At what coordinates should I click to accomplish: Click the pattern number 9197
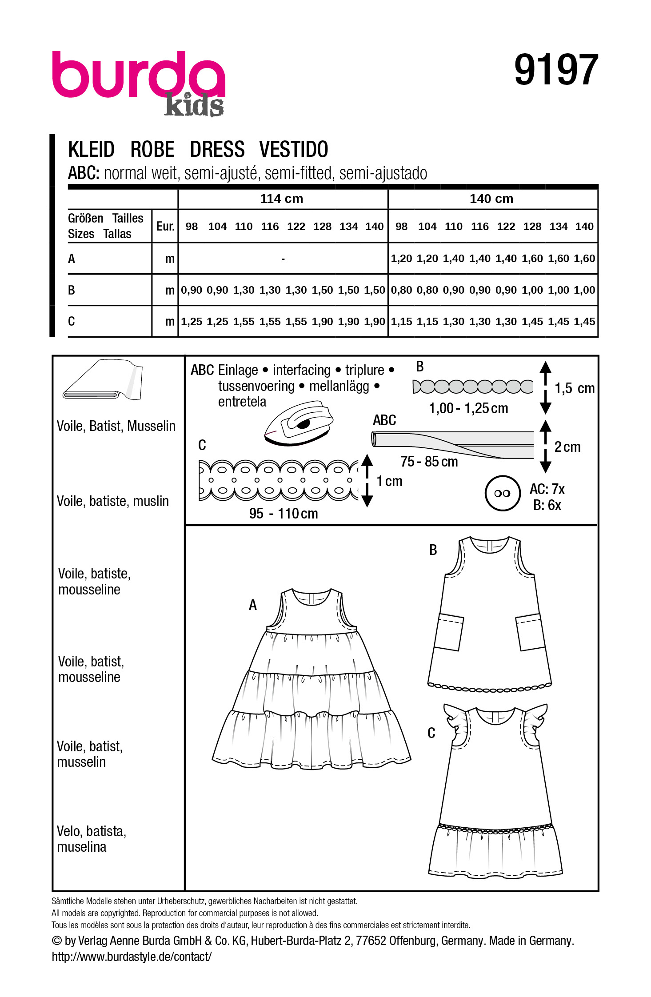[x=556, y=70]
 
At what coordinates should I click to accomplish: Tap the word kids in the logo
[x=194, y=106]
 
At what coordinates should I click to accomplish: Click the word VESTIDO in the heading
[x=293, y=149]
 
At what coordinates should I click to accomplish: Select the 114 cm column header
[x=282, y=199]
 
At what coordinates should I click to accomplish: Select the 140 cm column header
[x=491, y=199]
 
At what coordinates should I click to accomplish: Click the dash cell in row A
[x=283, y=259]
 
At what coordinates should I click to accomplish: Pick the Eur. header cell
[x=165, y=226]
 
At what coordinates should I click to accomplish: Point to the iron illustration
[x=299, y=423]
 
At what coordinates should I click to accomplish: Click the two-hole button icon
[x=502, y=493]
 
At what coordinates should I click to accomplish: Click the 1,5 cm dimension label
[x=574, y=388]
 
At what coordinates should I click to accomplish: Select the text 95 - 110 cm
[x=284, y=514]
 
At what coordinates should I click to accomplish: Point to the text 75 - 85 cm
[x=429, y=462]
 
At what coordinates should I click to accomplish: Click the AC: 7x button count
[x=547, y=489]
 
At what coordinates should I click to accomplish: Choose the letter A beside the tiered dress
[x=253, y=605]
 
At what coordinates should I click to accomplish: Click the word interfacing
[x=301, y=370]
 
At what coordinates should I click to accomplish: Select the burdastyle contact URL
[x=132, y=957]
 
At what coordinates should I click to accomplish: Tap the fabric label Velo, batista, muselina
[x=92, y=839]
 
